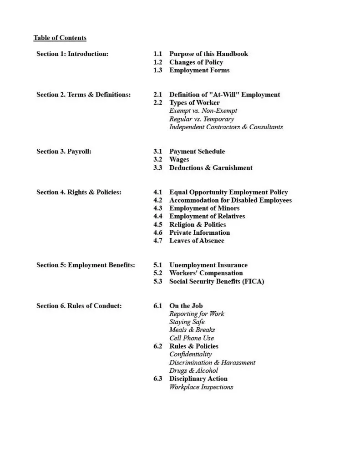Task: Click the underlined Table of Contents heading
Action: (60, 38)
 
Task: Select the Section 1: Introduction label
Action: (72, 54)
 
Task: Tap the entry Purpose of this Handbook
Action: (208, 54)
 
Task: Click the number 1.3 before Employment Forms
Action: (157, 70)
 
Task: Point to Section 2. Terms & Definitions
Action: (83, 95)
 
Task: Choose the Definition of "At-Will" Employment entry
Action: (224, 95)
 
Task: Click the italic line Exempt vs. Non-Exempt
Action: (203, 111)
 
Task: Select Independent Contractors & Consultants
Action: (226, 127)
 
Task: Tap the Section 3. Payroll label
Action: (64, 151)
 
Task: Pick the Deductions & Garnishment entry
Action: (211, 167)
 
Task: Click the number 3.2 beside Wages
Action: (157, 159)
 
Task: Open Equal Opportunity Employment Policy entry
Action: (228, 192)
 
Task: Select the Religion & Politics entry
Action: (198, 224)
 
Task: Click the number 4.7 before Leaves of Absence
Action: (157, 240)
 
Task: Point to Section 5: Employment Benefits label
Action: (86, 265)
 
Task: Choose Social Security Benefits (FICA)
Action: (217, 281)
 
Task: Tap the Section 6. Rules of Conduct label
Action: (79, 306)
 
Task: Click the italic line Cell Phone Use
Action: (191, 338)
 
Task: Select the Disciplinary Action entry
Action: (198, 379)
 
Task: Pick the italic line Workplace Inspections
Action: (201, 387)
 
